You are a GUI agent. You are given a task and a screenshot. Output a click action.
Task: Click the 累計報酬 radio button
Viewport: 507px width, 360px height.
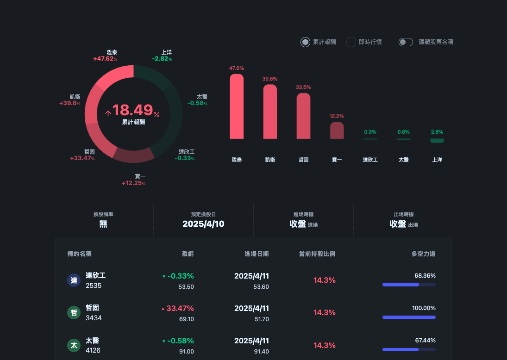point(305,42)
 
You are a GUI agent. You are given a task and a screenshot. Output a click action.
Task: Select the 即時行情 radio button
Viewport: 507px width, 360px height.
point(351,42)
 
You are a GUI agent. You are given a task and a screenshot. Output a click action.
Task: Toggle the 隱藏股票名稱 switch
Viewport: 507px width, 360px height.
point(406,42)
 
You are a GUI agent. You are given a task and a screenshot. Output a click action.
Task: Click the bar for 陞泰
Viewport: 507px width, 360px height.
point(237,106)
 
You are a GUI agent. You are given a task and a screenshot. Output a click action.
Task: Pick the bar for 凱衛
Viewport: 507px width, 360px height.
point(270,112)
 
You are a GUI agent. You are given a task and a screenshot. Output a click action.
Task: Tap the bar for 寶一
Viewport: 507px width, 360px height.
point(337,130)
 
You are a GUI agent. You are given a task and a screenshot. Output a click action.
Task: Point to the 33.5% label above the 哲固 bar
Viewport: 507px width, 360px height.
point(303,87)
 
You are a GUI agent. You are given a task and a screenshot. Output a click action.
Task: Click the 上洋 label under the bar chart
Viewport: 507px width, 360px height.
point(437,160)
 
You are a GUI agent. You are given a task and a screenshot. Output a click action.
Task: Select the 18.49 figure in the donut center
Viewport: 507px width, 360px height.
point(132,110)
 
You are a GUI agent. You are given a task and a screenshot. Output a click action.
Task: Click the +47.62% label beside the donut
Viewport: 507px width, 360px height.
point(105,59)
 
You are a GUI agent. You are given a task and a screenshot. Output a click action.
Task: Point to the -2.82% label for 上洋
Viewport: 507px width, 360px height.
point(162,59)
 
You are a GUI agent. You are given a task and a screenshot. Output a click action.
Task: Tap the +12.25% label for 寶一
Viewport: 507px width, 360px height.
point(133,183)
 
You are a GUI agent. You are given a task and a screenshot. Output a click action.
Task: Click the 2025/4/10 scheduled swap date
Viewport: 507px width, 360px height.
point(203,224)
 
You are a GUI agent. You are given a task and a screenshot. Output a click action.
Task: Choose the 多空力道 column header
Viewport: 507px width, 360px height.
point(423,254)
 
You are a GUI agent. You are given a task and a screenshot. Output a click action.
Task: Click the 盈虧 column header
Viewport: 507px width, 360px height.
point(188,254)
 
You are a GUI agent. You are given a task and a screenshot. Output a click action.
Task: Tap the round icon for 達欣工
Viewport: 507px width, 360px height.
point(74,280)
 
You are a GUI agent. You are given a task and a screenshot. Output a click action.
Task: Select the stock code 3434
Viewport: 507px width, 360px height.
point(94,318)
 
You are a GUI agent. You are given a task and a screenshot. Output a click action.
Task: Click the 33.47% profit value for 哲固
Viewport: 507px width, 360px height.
point(180,308)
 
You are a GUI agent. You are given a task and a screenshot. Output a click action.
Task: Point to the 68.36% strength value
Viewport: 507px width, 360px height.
point(425,275)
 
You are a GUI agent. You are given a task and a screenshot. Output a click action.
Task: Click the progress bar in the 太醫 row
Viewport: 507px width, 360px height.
point(409,349)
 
